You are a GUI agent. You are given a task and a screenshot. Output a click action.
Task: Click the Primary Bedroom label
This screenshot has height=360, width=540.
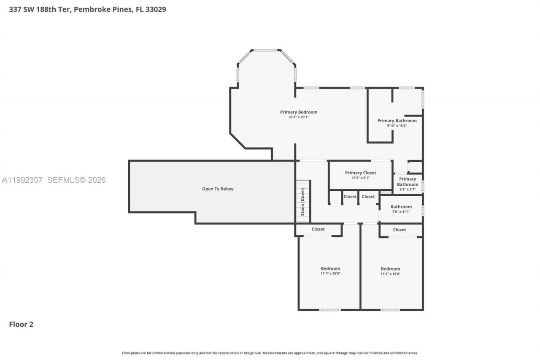tap(299, 112)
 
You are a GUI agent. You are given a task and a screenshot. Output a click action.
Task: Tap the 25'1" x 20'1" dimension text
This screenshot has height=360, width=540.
tap(299, 117)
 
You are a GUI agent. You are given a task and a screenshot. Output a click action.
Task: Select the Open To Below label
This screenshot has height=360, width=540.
tap(218, 189)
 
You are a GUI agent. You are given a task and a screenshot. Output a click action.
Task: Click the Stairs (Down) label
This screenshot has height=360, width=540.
tap(302, 202)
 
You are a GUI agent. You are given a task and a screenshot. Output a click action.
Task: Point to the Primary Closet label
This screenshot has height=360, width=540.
tap(360, 173)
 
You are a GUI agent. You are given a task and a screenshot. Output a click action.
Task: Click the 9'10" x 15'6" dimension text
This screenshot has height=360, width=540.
tap(397, 125)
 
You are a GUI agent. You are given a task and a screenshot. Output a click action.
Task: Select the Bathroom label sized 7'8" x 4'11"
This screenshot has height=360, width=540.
tap(401, 207)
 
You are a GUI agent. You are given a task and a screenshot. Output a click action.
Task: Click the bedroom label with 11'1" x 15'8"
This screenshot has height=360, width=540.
tap(330, 268)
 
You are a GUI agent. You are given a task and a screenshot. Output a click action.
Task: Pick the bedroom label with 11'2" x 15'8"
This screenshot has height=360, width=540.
tap(390, 269)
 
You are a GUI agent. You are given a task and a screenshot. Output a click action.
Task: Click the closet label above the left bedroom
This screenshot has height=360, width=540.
tap(318, 229)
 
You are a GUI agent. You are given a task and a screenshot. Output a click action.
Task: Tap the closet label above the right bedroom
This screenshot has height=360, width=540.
tap(399, 230)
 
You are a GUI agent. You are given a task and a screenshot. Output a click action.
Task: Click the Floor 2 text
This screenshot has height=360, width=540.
tap(21, 324)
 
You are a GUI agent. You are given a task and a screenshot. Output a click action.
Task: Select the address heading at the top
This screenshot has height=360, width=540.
tap(87, 9)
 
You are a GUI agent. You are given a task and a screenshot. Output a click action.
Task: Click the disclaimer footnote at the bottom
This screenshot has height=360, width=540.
tap(270, 353)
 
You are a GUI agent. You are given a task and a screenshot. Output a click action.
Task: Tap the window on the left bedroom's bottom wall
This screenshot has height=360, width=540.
tap(329, 310)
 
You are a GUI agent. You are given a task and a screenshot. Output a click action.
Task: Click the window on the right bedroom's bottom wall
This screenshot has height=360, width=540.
tap(390, 310)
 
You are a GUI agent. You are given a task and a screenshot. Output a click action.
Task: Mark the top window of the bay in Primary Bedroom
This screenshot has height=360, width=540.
tap(265, 50)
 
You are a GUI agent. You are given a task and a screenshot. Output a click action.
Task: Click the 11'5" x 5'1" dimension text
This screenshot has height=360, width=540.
tap(360, 178)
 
